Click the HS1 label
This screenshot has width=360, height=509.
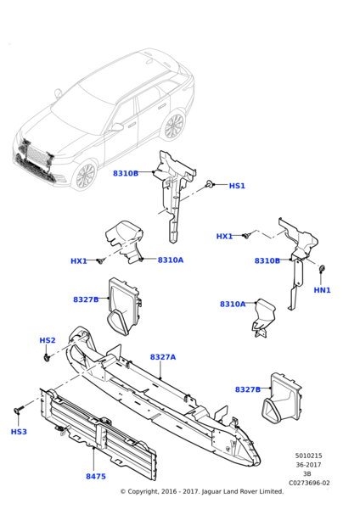point(237,186)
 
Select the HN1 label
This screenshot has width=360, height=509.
point(322,290)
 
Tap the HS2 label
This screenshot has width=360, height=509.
point(48,340)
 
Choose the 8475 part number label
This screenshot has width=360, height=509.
point(96,476)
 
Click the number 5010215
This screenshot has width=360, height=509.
point(309,456)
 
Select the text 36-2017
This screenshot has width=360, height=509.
point(309,465)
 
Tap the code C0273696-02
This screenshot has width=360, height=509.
point(309,483)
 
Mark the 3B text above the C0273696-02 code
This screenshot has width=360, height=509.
point(307,474)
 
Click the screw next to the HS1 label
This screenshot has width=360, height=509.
point(210,184)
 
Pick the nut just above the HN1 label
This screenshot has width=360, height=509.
point(323,271)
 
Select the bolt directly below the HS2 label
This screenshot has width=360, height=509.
point(48,357)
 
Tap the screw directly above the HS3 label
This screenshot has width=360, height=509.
point(18,411)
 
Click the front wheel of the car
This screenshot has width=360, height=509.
point(86,176)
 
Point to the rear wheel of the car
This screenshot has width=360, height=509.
point(174,126)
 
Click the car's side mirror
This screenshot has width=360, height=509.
point(115,127)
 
